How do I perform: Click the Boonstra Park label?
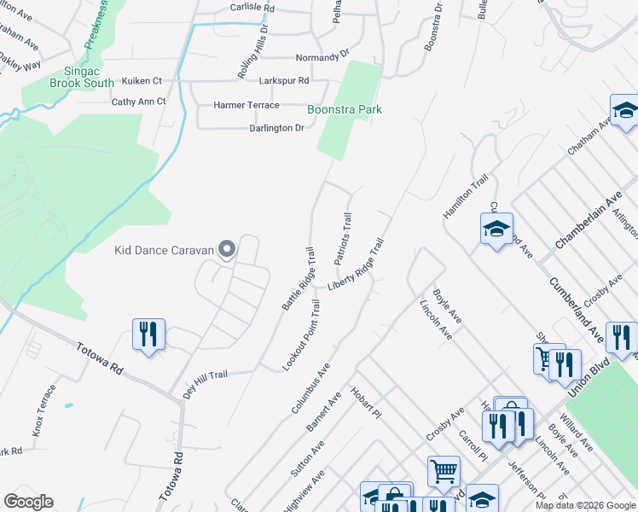(345, 110)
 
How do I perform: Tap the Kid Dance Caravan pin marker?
(227, 249)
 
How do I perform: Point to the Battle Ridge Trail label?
(299, 278)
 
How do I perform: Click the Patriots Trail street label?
(341, 239)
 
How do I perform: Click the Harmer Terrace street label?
(246, 105)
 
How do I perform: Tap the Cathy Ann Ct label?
(139, 102)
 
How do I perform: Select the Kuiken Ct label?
(142, 80)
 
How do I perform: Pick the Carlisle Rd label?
(253, 7)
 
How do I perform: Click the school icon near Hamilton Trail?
(496, 230)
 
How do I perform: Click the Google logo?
(29, 502)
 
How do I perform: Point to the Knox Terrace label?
(44, 410)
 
